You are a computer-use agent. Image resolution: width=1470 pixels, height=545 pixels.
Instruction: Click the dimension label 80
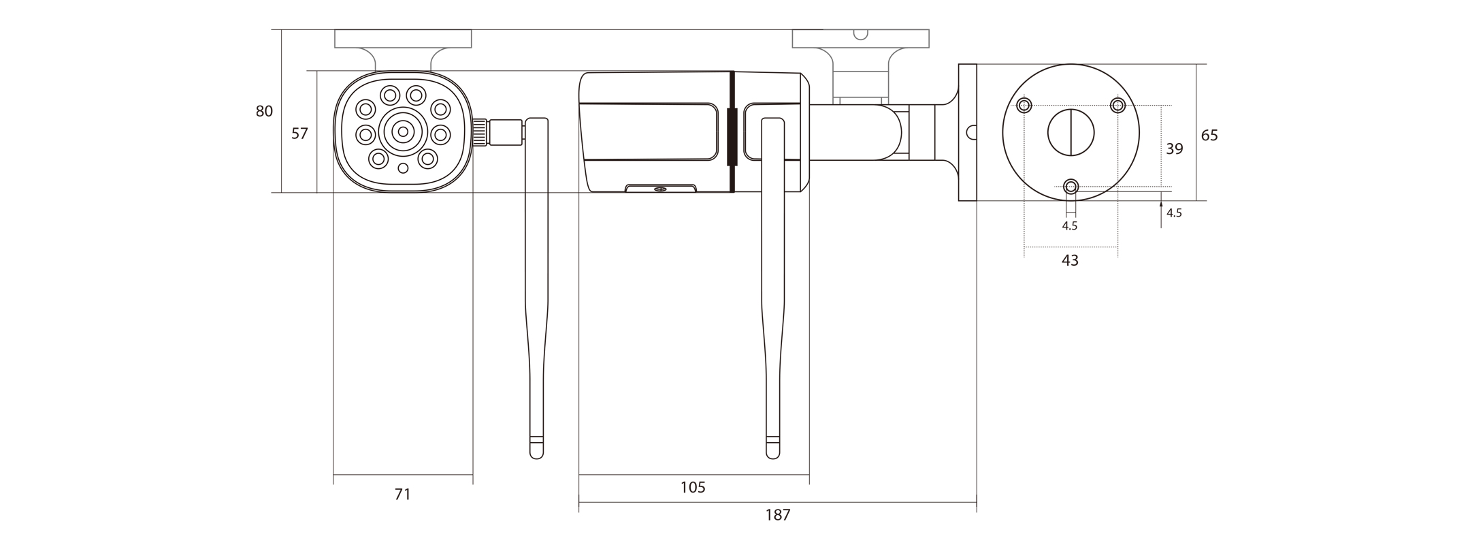click(x=264, y=111)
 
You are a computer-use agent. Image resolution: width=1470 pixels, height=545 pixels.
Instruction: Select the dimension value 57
click(x=299, y=134)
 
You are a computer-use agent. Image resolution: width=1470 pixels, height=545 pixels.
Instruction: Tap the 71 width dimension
click(x=403, y=494)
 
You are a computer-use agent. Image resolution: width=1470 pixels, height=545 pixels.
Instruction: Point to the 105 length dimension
click(x=693, y=487)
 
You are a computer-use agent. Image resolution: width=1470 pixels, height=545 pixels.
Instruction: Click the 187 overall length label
click(x=778, y=515)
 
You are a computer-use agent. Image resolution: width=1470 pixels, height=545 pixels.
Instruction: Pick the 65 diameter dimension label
click(x=1209, y=136)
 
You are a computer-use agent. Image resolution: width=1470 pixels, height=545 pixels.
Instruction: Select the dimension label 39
click(x=1175, y=149)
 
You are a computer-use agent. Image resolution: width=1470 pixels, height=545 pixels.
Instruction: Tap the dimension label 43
click(x=1070, y=260)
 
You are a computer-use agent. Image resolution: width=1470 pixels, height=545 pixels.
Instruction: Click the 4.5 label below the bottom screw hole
click(x=1070, y=226)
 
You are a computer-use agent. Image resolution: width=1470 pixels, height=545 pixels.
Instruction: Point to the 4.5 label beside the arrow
click(x=1174, y=213)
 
